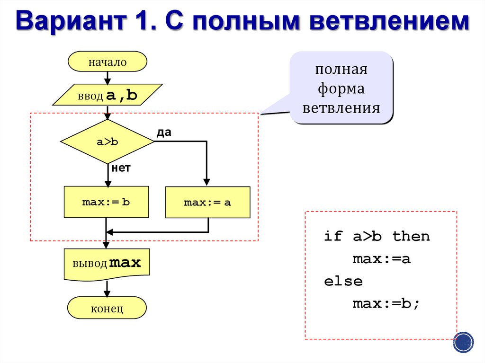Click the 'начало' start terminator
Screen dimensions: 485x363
click(108, 62)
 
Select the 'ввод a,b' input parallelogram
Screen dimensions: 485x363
click(108, 95)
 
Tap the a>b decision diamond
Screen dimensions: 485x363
click(108, 142)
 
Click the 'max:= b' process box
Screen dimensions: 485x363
click(107, 202)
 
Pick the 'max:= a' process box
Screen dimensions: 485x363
click(208, 202)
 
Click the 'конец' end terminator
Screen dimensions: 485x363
click(107, 308)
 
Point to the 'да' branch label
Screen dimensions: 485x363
click(164, 133)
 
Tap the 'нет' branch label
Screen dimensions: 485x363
click(121, 168)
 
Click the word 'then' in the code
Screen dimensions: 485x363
click(411, 236)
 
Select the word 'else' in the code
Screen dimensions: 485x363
click(343, 281)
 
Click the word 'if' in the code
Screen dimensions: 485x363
click(333, 236)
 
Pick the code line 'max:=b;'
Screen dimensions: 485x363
click(386, 303)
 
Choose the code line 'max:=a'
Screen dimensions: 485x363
click(381, 259)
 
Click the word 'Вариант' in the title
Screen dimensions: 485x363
click(71, 21)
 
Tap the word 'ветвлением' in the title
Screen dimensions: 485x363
click(389, 21)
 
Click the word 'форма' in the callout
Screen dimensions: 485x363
click(341, 89)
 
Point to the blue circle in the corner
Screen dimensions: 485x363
click(463, 342)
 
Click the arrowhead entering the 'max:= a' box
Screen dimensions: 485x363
click(207, 182)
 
